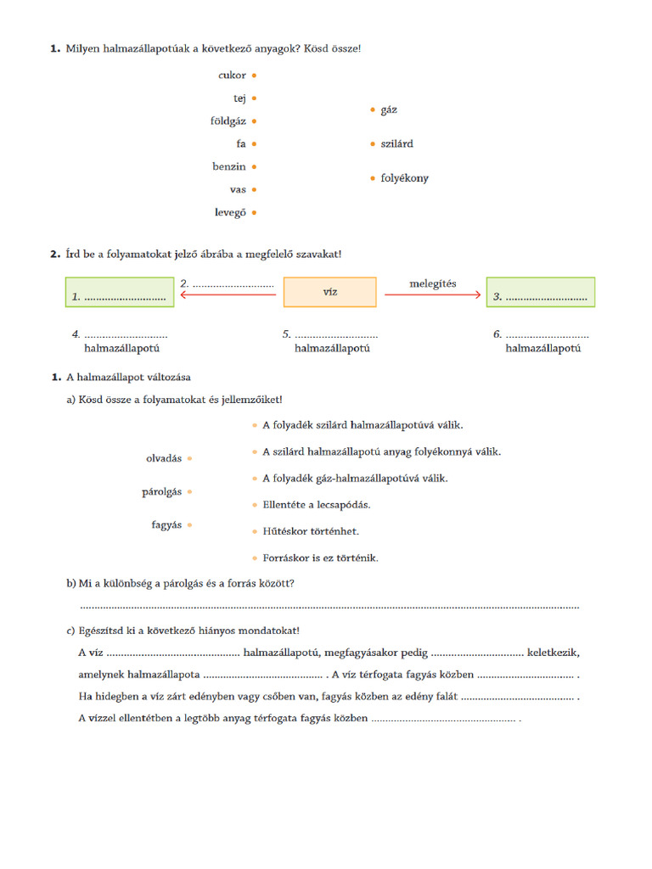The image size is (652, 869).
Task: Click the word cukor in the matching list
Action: pos(232,76)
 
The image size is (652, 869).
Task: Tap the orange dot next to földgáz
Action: pos(255,121)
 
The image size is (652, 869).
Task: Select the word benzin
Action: pos(229,167)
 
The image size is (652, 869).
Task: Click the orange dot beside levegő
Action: pos(255,213)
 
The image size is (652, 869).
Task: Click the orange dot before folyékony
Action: pos(372,178)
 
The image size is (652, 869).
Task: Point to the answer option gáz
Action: pos(389,109)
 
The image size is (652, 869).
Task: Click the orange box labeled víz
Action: pos(329,292)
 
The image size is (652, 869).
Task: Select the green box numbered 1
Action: pos(118,292)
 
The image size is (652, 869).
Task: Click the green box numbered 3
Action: pos(540,292)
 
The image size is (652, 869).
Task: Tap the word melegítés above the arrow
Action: pos(433,283)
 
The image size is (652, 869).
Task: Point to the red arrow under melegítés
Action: pos(433,294)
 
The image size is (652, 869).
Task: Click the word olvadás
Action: pos(164,458)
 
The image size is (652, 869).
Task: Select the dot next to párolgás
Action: pos(190,492)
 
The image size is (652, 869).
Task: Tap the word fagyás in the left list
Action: pos(166,525)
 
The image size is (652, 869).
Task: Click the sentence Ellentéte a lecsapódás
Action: pos(316,505)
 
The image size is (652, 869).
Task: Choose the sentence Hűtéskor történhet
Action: pos(310,531)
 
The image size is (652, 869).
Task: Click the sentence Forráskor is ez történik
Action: pos(320,558)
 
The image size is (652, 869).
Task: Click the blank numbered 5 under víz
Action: pos(331,335)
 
